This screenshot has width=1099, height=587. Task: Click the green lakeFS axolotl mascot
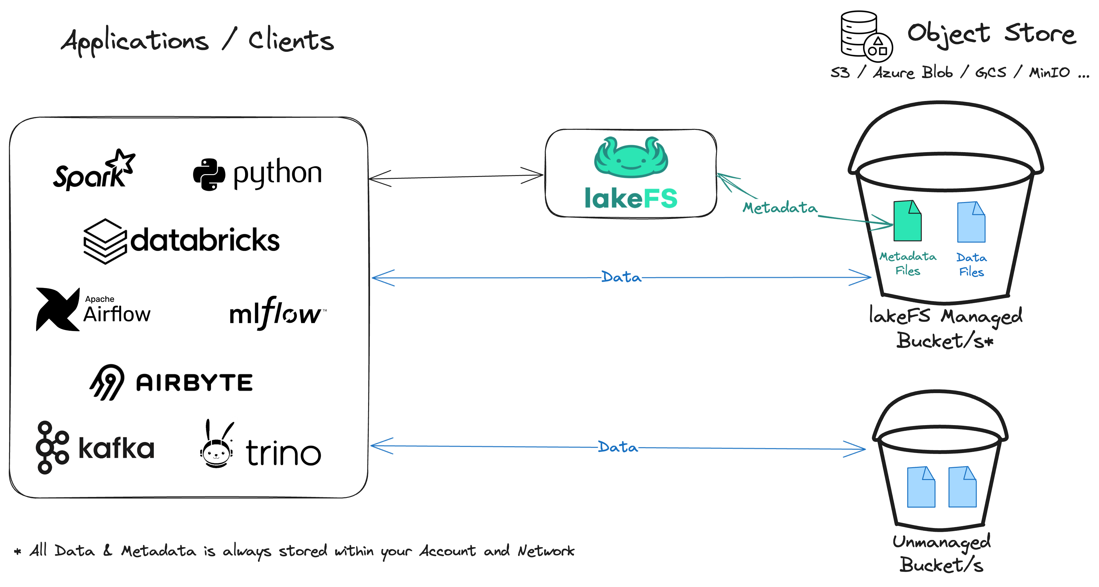[x=631, y=157]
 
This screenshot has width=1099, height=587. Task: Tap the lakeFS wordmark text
[x=631, y=198]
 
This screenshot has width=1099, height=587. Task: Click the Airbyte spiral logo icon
[x=107, y=382]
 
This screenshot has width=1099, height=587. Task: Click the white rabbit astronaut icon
[x=218, y=443]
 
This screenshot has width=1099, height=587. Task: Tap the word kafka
[x=116, y=448]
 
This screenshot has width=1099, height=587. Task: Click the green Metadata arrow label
[x=780, y=208]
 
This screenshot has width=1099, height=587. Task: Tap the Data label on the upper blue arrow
[x=621, y=277]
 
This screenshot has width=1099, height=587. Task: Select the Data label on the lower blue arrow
[x=618, y=447]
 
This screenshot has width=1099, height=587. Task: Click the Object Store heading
[x=991, y=34]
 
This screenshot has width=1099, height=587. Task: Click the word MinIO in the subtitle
[x=1049, y=72]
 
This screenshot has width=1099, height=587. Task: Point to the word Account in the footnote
[x=447, y=551]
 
